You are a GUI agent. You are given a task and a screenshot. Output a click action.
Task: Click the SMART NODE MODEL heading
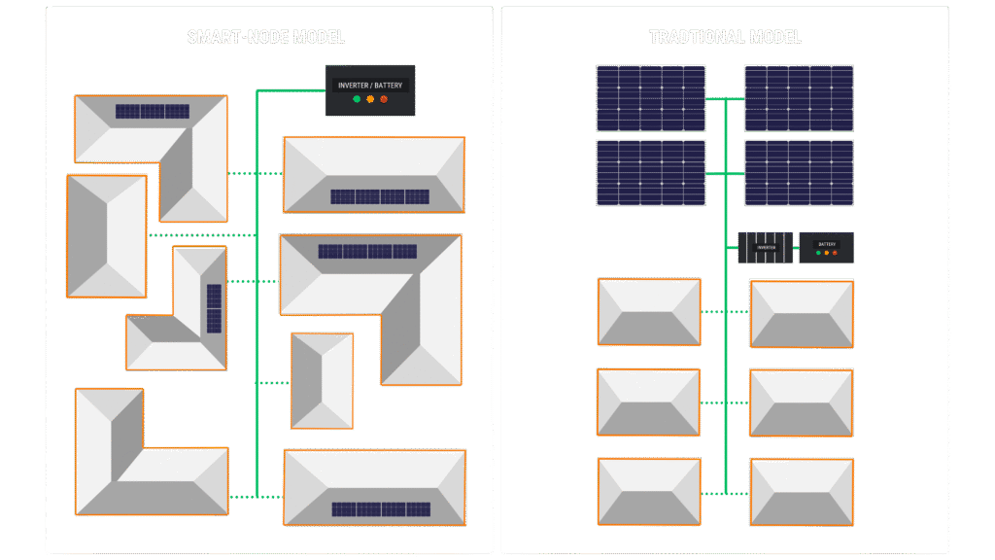click(x=266, y=38)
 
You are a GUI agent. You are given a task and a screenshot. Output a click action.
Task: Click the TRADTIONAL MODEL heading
click(x=725, y=38)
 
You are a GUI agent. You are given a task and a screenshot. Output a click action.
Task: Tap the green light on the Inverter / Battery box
click(x=357, y=99)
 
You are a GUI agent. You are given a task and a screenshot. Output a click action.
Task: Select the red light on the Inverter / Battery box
click(x=384, y=99)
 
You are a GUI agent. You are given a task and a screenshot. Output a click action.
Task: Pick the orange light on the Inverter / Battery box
click(x=370, y=99)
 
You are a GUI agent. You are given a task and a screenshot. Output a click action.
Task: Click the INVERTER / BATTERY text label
click(x=369, y=86)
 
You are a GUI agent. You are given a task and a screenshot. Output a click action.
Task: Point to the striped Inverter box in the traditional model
click(x=766, y=247)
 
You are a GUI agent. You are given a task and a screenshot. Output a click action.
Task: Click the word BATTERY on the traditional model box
click(x=827, y=244)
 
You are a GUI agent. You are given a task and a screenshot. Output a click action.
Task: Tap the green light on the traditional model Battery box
click(x=818, y=253)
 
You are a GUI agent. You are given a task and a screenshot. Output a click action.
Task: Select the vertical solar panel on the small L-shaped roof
click(x=214, y=308)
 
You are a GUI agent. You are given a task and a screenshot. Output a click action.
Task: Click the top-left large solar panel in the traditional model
click(x=650, y=97)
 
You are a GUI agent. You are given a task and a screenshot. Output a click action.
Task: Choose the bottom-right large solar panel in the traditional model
click(x=799, y=173)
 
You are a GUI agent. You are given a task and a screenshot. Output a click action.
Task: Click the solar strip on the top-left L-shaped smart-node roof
click(x=153, y=112)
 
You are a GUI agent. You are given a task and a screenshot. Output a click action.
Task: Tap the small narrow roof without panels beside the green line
click(x=322, y=380)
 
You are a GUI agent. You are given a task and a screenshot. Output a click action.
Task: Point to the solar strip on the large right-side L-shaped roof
click(x=367, y=252)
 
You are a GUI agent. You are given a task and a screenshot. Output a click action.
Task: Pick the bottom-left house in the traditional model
click(x=649, y=491)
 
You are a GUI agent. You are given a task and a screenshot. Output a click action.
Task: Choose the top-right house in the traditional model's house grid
click(x=802, y=314)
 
